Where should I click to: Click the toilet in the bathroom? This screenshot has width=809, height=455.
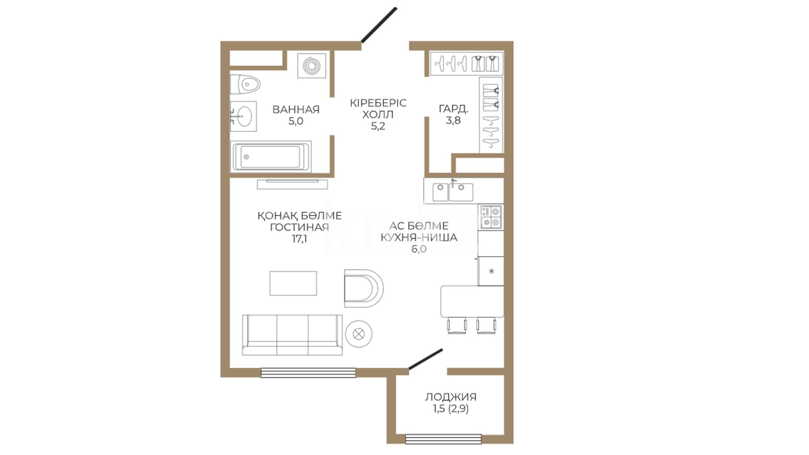[245, 85]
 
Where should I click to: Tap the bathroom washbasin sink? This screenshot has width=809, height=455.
[244, 116]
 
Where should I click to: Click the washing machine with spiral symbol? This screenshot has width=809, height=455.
[312, 65]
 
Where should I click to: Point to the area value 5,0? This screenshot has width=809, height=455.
[296, 121]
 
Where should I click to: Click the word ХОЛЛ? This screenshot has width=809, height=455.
[378, 115]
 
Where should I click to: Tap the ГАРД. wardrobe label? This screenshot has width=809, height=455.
[453, 109]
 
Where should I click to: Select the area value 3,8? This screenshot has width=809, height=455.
[453, 120]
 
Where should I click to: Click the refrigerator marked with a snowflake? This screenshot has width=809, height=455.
[491, 271]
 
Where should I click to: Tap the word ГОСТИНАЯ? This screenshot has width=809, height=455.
[300, 227]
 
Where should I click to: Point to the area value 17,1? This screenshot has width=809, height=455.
[300, 239]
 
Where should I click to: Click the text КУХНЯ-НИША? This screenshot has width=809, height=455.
[419, 238]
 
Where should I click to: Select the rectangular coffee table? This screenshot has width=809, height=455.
[293, 284]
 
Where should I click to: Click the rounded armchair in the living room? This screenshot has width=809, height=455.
[364, 289]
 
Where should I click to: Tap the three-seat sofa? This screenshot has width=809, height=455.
[292, 335]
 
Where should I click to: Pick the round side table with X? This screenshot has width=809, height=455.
[359, 335]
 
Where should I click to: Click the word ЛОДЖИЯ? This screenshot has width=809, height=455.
[451, 397]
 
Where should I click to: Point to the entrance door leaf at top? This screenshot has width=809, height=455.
[379, 25]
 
